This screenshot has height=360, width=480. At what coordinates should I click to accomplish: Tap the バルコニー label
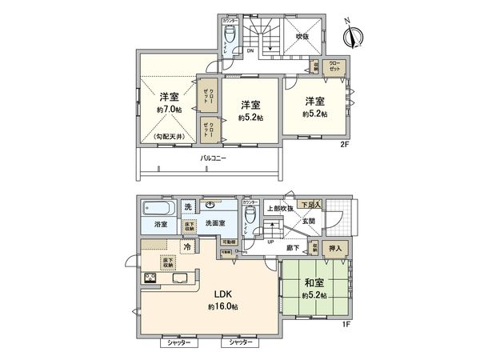pos(213,158)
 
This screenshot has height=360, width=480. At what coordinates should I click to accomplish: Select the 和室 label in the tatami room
pos(314,282)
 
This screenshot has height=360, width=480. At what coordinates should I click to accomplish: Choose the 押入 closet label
pos(336,249)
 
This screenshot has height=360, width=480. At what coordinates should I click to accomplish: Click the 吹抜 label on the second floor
pos(302,36)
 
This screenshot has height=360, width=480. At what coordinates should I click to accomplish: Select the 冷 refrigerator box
pos(186,248)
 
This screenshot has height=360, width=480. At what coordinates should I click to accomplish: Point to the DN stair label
pos(250,51)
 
